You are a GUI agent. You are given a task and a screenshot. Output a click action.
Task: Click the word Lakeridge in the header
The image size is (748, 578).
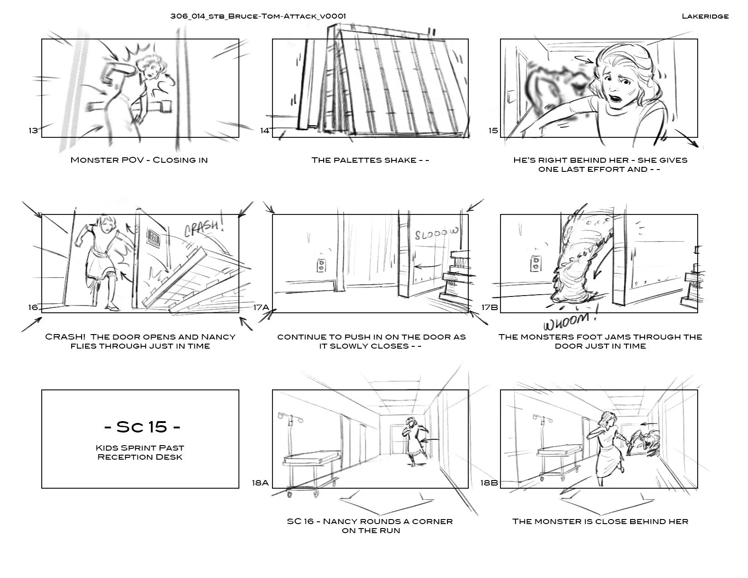pos(705,16)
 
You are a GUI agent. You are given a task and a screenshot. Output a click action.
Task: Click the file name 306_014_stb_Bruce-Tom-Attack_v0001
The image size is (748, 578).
pos(258,16)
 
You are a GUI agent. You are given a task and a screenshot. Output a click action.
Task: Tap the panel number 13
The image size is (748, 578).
pos(33,131)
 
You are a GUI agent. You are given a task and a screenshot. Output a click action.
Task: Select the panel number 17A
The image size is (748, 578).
pos(261,307)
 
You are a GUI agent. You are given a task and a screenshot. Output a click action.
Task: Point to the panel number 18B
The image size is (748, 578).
pos(489,483)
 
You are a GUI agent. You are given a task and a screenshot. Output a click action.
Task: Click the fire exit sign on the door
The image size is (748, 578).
pos(154,238)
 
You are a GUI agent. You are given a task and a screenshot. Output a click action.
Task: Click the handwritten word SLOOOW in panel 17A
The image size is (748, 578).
pos(437,234)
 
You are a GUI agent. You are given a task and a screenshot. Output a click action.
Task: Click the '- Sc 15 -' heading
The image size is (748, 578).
pos(142,427)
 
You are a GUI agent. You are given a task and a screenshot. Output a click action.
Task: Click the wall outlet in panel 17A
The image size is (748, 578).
pos(321,265)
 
